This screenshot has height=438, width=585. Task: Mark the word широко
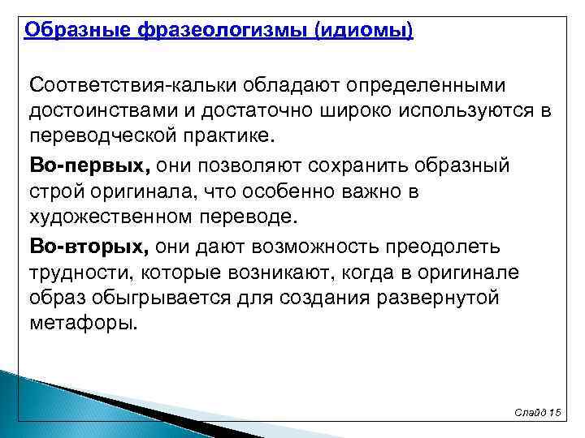(x=323, y=109)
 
